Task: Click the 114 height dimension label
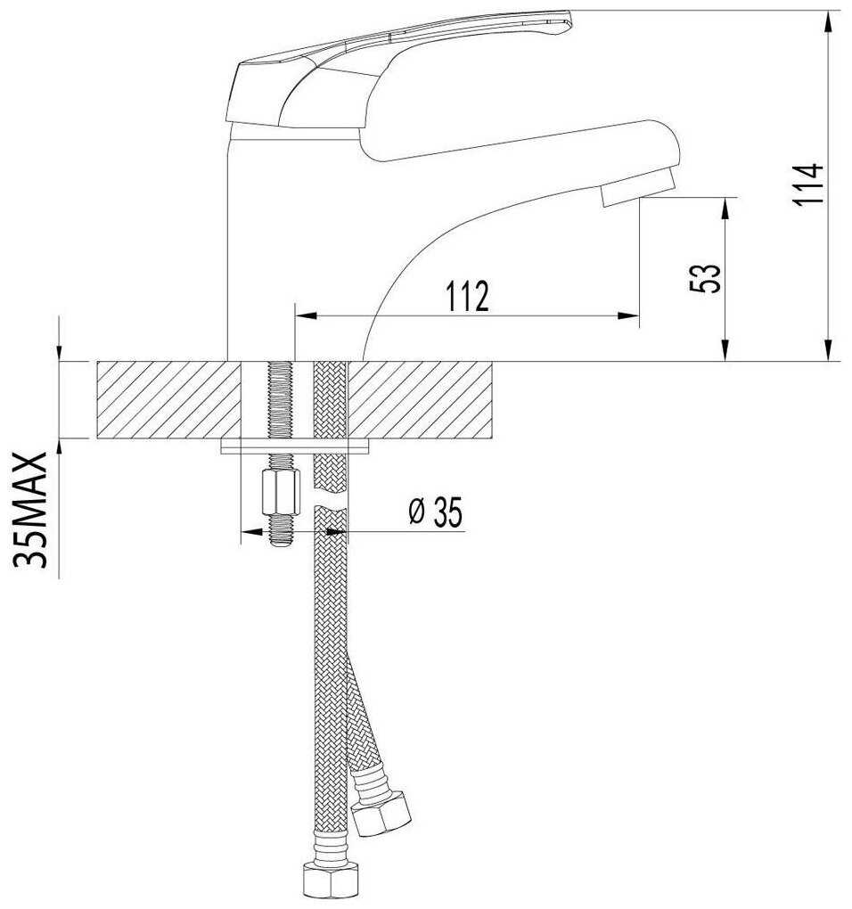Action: coord(808,184)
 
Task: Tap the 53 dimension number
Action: coord(706,278)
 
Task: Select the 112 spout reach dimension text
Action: coord(467,296)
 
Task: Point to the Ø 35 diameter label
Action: coord(436,512)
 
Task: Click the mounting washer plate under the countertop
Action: coord(295,446)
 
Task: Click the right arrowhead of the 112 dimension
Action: coord(628,316)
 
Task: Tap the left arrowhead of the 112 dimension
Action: coord(307,316)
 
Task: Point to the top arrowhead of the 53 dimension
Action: coord(725,209)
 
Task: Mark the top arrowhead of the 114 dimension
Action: coord(829,21)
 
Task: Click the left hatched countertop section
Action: coord(168,400)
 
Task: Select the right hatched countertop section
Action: coord(420,400)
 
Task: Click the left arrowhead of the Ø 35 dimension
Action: coord(251,530)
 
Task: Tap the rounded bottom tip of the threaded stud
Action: coord(281,542)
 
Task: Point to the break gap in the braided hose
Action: coord(331,499)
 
